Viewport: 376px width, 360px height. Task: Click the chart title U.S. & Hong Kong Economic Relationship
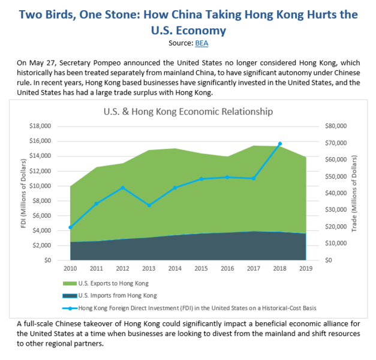pyautogui.click(x=188, y=112)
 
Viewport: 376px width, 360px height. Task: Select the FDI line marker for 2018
pyautogui.click(x=280, y=144)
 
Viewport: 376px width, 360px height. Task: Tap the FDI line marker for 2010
pyautogui.click(x=71, y=227)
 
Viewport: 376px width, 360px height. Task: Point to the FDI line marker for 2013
pyautogui.click(x=149, y=205)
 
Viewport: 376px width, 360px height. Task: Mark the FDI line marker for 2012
pyautogui.click(x=123, y=188)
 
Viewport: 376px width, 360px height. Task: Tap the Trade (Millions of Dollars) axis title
pyautogui.click(x=363, y=193)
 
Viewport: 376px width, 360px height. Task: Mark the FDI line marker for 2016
pyautogui.click(x=227, y=177)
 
